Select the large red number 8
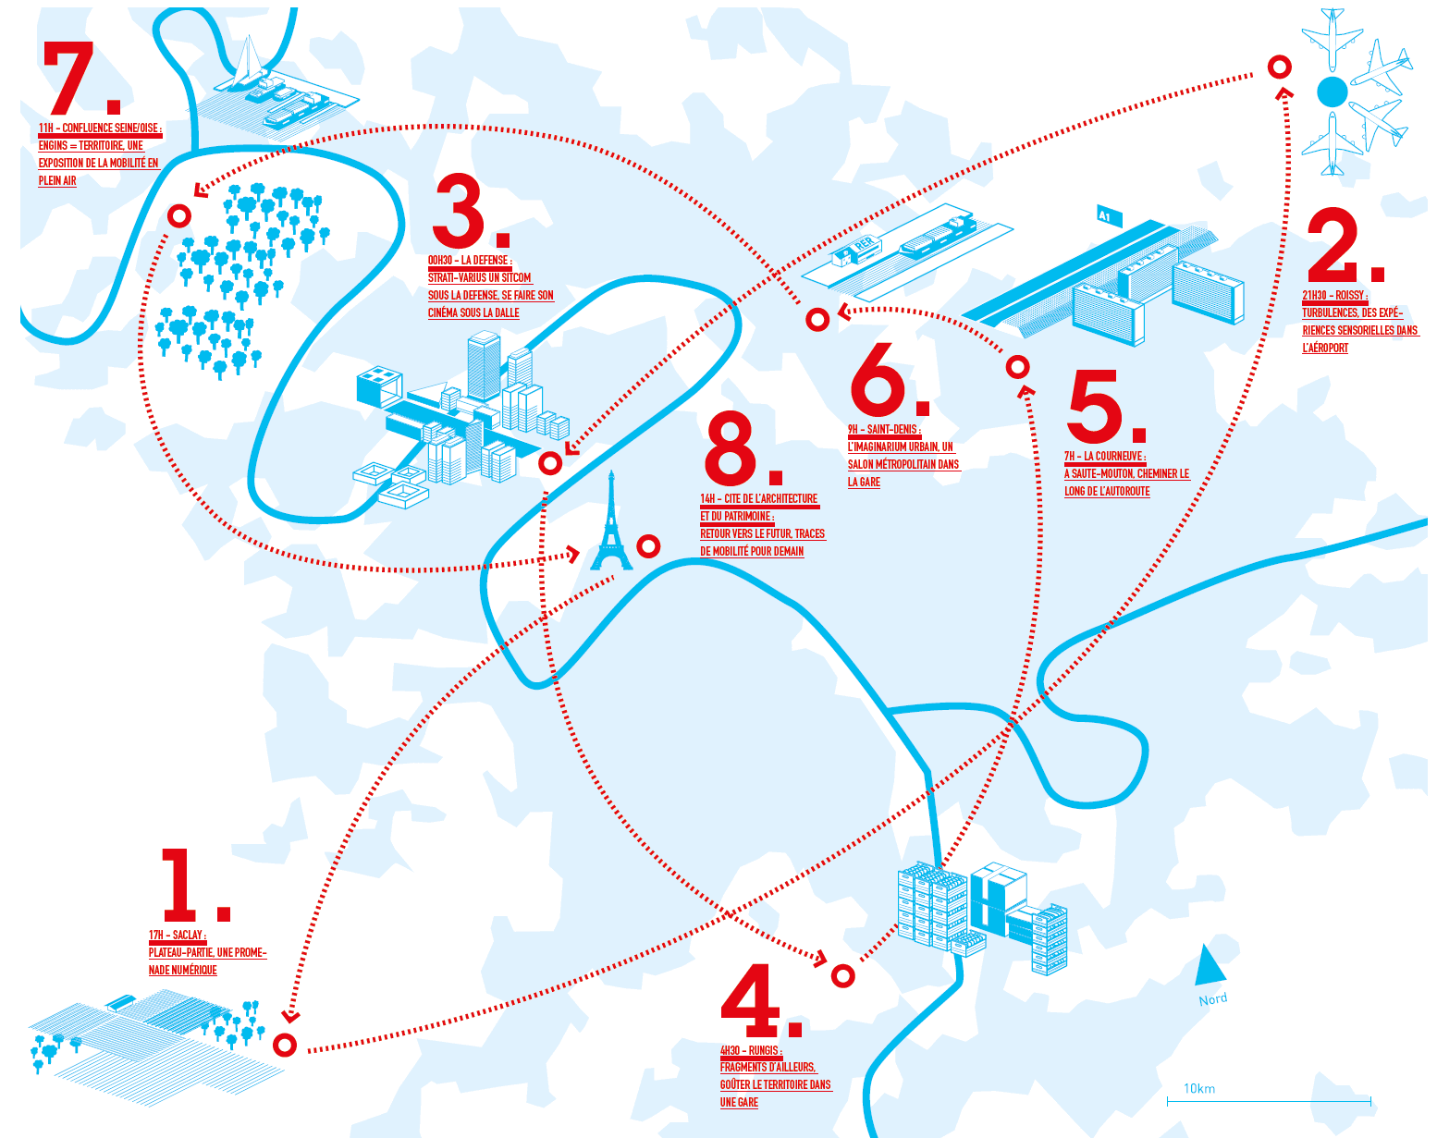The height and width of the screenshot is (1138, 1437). pyautogui.click(x=731, y=449)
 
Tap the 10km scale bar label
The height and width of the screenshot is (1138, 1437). pyautogui.click(x=1199, y=1089)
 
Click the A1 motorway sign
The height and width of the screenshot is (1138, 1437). pyautogui.click(x=1109, y=215)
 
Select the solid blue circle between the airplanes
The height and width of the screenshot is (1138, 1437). pyautogui.click(x=1333, y=92)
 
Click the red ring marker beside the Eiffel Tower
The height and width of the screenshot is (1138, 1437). pyautogui.click(x=649, y=546)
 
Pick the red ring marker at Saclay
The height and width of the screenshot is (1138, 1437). pyautogui.click(x=285, y=1046)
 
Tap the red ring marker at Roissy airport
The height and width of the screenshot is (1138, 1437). pyautogui.click(x=1280, y=67)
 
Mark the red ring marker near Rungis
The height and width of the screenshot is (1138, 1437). pyautogui.click(x=842, y=975)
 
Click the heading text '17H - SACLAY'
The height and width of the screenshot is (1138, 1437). pyautogui.click(x=178, y=936)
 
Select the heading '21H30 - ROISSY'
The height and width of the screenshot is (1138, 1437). pyautogui.click(x=1334, y=296)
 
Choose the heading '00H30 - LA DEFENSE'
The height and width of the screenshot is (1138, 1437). pyautogui.click(x=470, y=261)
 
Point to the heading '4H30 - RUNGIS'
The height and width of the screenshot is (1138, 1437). pyautogui.click(x=751, y=1051)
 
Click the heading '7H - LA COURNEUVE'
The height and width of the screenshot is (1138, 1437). pyautogui.click(x=1105, y=457)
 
